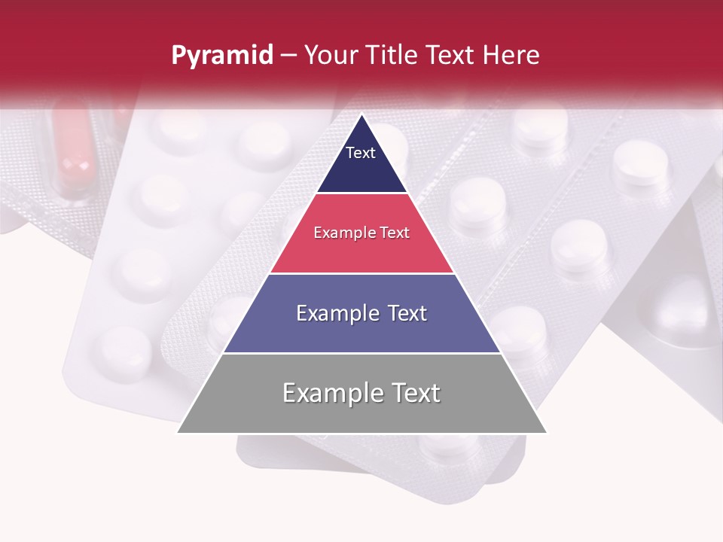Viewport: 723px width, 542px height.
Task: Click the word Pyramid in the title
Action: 222,56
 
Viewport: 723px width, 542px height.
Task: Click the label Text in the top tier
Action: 361,153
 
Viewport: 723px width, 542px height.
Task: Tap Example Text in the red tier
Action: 361,233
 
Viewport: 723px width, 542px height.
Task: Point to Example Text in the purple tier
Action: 361,313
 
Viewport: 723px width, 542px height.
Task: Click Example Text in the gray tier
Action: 361,393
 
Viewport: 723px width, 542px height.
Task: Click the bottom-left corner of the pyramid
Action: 178,432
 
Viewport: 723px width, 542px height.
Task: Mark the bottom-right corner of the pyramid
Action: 546,432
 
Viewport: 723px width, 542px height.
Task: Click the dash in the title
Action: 288,56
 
